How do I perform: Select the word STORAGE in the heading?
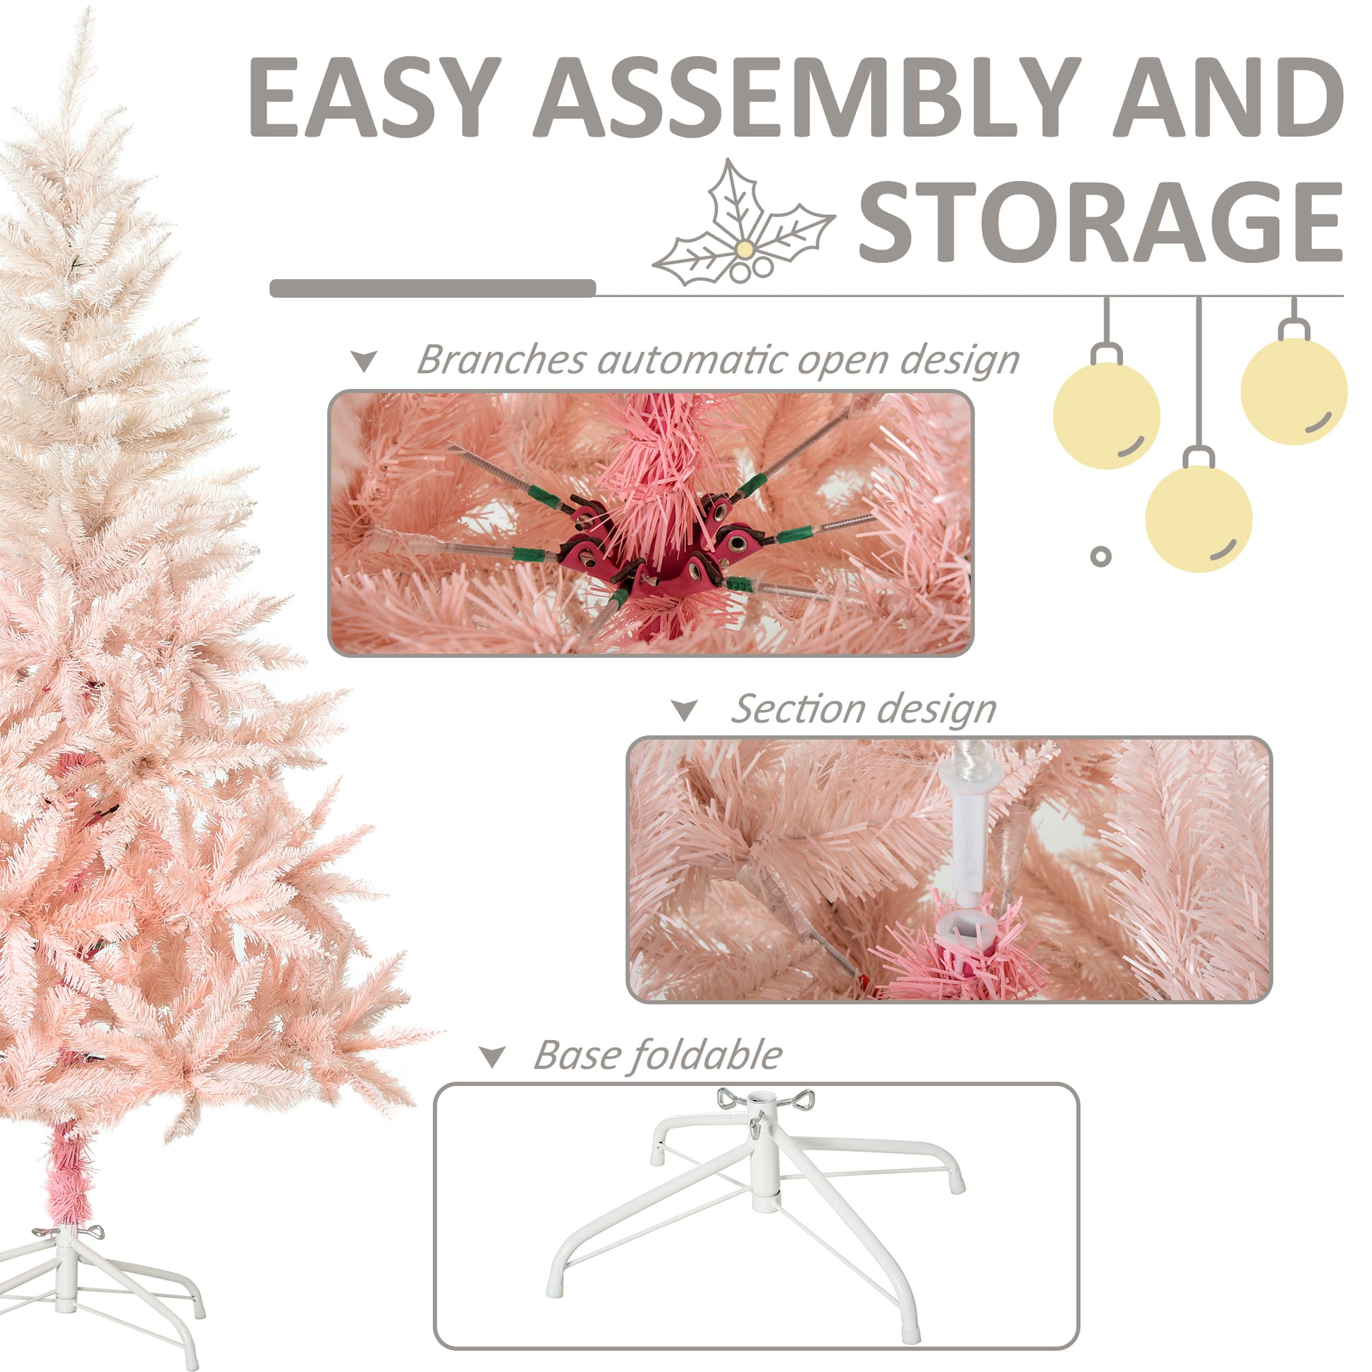[x=1100, y=221]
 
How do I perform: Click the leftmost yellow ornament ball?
[x=1105, y=415]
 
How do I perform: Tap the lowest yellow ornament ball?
[x=1198, y=518]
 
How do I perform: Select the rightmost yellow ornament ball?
[x=1293, y=391]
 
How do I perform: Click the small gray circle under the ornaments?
[x=1100, y=556]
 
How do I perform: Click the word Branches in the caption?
[x=501, y=360]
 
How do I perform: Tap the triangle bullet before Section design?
[x=685, y=711]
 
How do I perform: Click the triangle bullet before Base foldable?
[x=492, y=1057]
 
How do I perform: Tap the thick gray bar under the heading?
[x=431, y=288]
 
